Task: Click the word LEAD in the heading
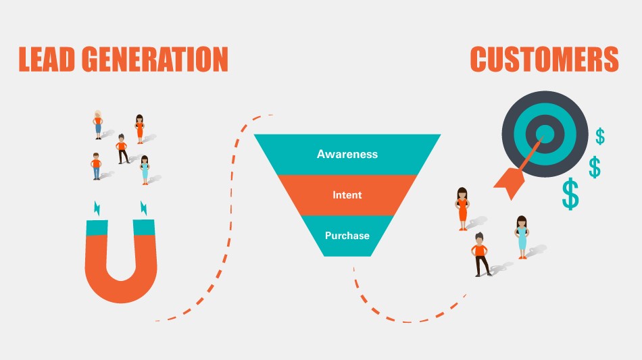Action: coord(47,59)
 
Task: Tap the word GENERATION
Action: coord(155,59)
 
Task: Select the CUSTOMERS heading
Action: coord(544,59)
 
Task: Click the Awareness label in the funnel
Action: coord(347,154)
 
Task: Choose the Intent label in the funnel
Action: coord(347,195)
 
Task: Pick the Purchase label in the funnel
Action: coord(347,236)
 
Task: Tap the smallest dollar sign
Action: coord(600,136)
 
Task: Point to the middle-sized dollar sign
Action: coord(595,167)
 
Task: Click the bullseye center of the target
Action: coord(545,134)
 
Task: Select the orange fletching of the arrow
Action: coord(510,182)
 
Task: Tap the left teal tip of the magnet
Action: coord(97,228)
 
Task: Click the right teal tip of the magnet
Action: coord(144,228)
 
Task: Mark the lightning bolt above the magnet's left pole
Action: coord(97,208)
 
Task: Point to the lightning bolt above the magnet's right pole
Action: coord(144,208)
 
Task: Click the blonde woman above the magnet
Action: coord(98,125)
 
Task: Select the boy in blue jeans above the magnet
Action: coord(96,167)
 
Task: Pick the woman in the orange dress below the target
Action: coord(462,209)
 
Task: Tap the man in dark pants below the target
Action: coord(480,255)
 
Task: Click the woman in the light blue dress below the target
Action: coord(522,237)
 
